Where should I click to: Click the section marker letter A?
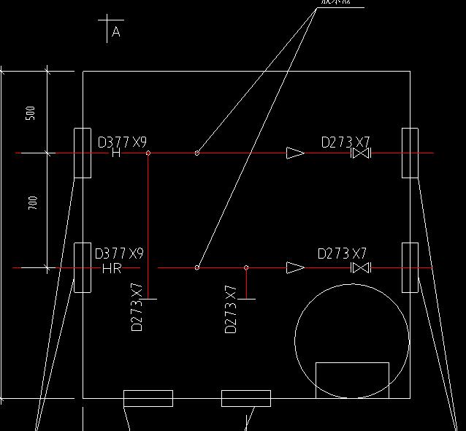click(116, 33)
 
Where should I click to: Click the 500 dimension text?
click(31, 113)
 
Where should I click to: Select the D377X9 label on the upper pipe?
click(122, 142)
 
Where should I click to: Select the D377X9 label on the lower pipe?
click(119, 254)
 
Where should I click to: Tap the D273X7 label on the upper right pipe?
click(346, 142)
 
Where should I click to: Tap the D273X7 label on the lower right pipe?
click(342, 254)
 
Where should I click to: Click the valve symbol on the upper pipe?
click(361, 153)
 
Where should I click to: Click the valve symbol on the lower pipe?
click(361, 268)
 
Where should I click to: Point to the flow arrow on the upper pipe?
click(295, 153)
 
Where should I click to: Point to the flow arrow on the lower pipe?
click(295, 268)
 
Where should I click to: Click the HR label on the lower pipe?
click(112, 269)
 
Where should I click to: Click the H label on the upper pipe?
click(116, 153)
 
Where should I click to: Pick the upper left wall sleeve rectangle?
click(83, 153)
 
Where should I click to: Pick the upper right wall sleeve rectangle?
click(410, 153)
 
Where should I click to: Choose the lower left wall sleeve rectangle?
click(83, 267)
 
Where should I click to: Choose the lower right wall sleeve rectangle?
click(410, 267)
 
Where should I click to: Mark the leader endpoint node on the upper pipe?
click(197, 153)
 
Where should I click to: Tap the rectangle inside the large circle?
click(352, 380)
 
